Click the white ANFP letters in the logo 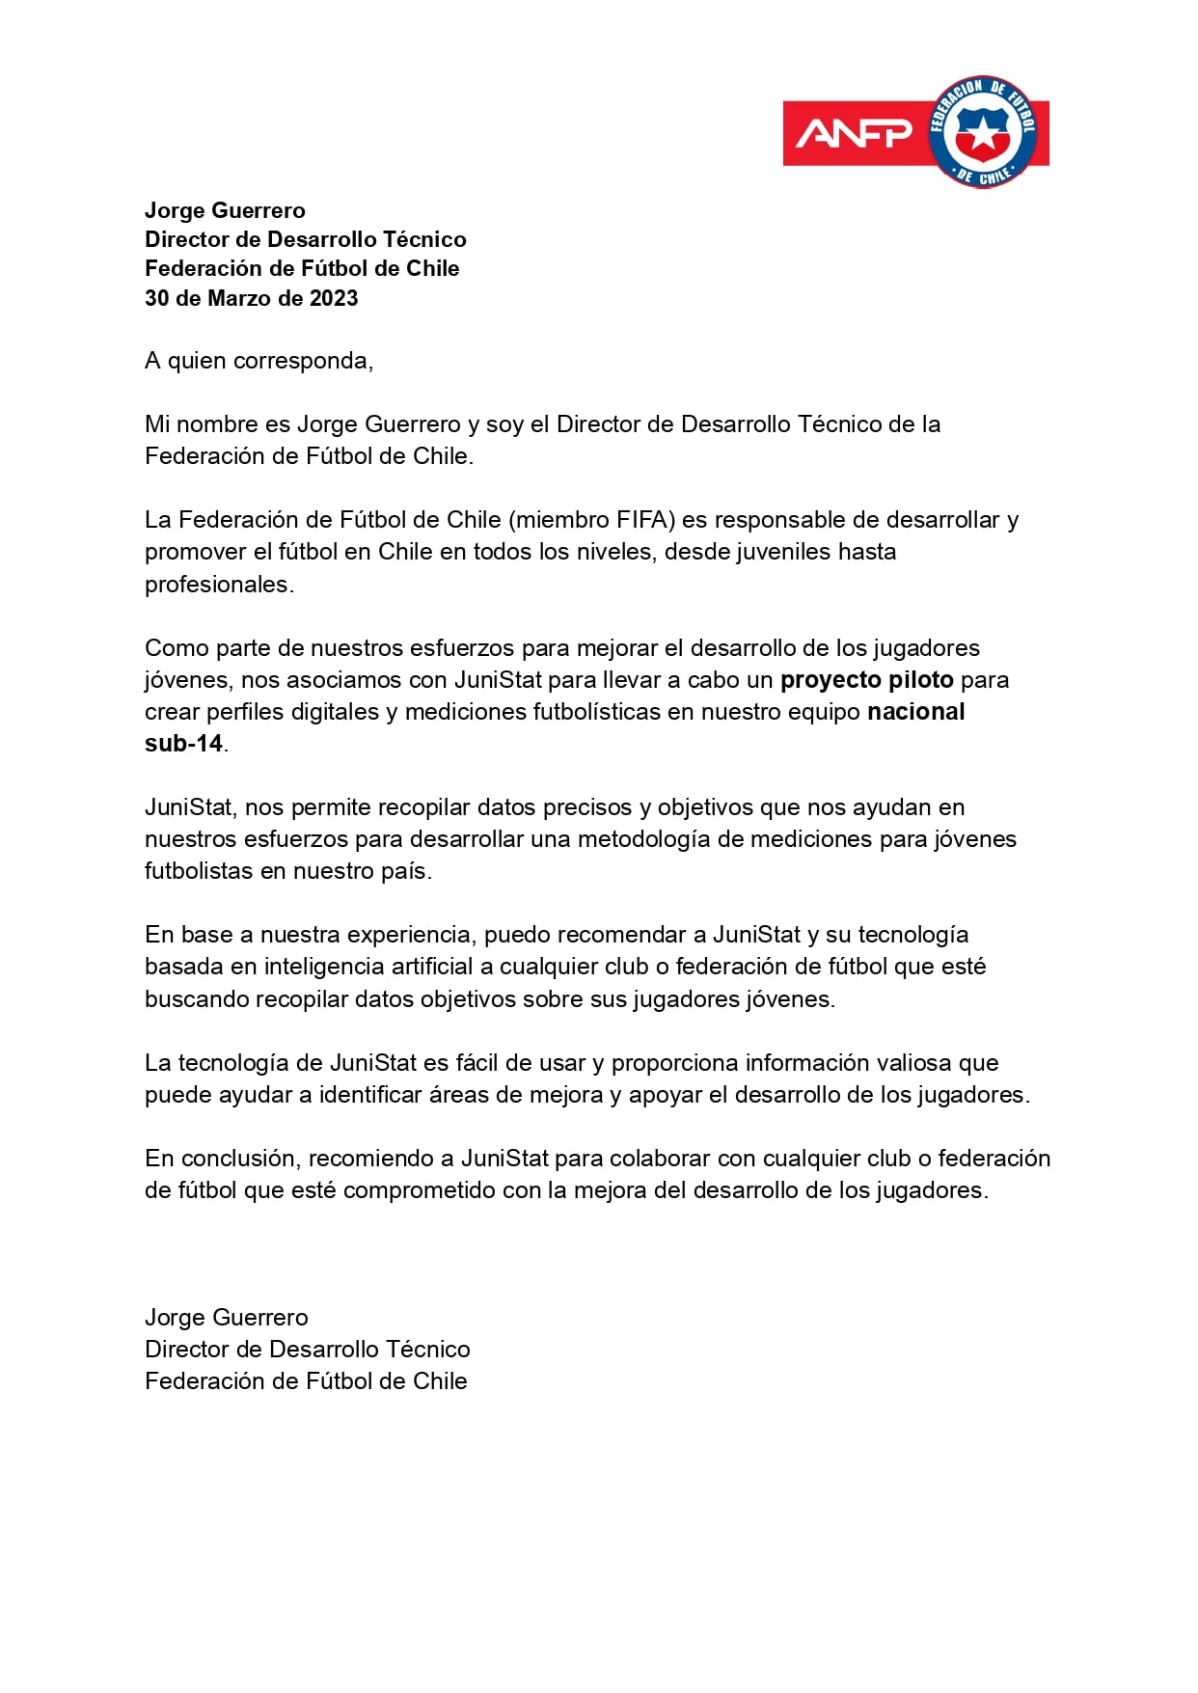pos(853,133)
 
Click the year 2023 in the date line pos(334,298)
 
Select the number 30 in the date pos(156,298)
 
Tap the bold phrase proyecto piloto pos(866,680)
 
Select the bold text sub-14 pos(183,744)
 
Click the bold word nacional pos(915,712)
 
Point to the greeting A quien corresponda pos(259,361)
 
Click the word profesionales pos(218,585)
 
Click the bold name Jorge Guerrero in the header pos(225,210)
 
